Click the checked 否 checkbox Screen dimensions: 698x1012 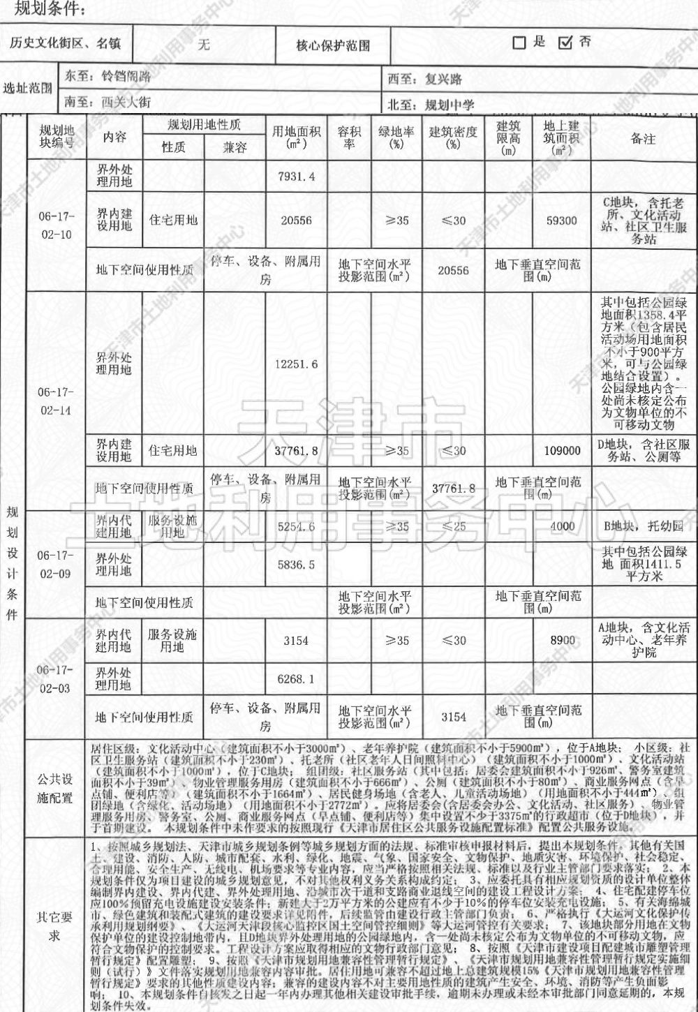click(x=565, y=43)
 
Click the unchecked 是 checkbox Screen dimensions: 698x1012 click(x=519, y=43)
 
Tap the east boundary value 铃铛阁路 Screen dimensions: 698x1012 click(x=128, y=77)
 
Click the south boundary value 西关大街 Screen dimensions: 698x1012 click(x=126, y=102)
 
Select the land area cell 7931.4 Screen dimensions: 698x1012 click(x=296, y=177)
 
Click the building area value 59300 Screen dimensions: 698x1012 click(x=561, y=221)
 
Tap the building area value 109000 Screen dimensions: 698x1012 click(x=561, y=451)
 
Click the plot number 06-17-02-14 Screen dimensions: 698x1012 click(x=56, y=401)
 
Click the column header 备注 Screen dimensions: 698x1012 click(x=642, y=138)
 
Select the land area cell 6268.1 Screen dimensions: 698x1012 click(x=296, y=678)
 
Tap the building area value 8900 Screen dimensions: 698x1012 click(x=561, y=641)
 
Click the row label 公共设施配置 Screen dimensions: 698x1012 click(x=56, y=787)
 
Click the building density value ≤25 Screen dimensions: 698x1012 click(x=453, y=526)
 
